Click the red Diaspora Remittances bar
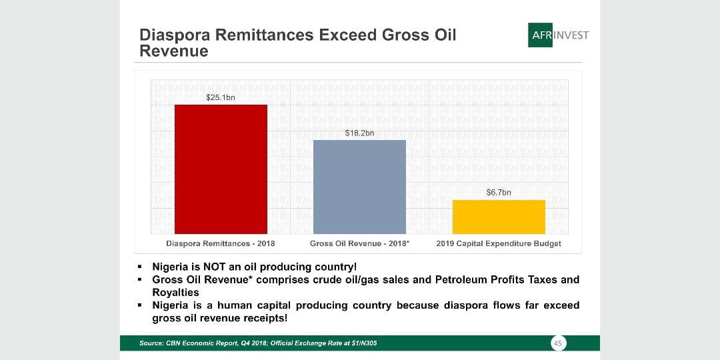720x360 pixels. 221,169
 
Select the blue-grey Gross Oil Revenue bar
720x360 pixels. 359,187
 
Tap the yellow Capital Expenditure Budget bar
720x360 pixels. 499,217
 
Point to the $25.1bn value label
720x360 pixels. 221,98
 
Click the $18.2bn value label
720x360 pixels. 359,133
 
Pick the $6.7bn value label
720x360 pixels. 499,193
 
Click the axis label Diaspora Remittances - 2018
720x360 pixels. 221,243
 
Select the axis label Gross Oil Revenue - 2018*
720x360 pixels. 359,243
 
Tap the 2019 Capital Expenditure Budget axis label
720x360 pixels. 499,243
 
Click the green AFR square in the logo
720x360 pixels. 540,35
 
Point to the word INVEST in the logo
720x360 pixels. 571,35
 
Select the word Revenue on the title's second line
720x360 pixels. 174,51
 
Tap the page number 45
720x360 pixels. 559,343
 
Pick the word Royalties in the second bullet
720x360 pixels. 175,293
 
